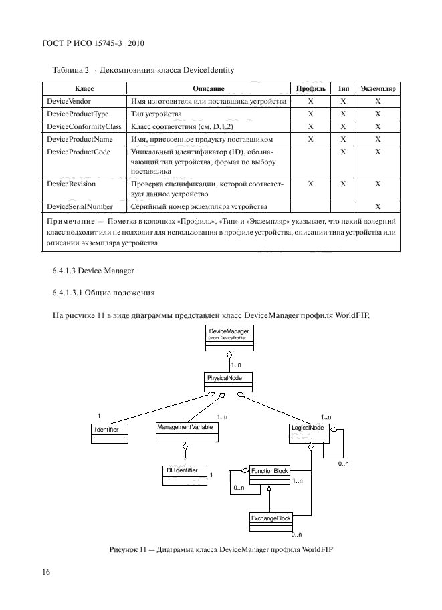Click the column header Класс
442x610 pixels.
[x=84, y=88]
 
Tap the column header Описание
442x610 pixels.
[x=208, y=88]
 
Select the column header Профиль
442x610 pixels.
[x=310, y=88]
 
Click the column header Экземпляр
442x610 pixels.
[x=378, y=88]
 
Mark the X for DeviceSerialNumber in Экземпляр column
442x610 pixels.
[x=378, y=206]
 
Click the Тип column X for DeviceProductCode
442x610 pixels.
[x=343, y=152]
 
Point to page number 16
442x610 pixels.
[x=47, y=572]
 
